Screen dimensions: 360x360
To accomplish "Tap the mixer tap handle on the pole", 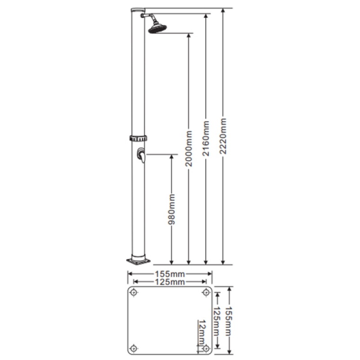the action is click(x=141, y=155).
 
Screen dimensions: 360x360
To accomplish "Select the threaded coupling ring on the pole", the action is click(x=138, y=138).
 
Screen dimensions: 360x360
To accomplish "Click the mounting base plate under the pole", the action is click(x=138, y=261).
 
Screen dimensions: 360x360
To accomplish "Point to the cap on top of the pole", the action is click(x=138, y=10).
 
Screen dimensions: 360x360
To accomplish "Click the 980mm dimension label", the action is click(x=171, y=209).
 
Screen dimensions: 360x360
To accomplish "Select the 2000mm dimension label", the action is click(x=189, y=148).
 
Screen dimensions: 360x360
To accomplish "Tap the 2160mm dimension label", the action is click(x=206, y=139).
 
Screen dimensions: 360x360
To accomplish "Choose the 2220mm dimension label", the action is click(x=223, y=136).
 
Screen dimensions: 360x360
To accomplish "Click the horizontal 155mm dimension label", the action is click(x=170, y=274).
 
